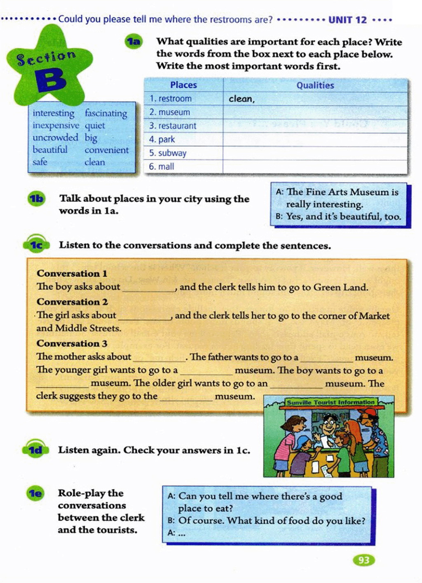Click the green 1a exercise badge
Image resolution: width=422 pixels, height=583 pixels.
click(x=134, y=42)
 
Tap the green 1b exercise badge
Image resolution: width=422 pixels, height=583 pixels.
click(x=36, y=199)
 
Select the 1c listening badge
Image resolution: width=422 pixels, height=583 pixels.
click(x=36, y=245)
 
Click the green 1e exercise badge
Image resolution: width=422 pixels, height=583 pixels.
click(x=35, y=493)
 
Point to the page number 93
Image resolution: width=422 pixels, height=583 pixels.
click(x=364, y=560)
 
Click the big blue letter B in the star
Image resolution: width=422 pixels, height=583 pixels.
click(x=51, y=80)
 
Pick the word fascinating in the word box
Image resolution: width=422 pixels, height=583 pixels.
click(x=106, y=113)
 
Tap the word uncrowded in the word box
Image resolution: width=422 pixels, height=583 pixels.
click(x=55, y=137)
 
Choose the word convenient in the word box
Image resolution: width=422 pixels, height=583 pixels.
click(x=106, y=150)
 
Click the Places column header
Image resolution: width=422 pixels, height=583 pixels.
click(x=183, y=85)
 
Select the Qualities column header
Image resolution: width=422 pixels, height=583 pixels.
click(x=315, y=85)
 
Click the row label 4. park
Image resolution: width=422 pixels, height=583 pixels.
click(x=162, y=139)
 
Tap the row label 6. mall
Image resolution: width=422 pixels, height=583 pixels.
click(x=162, y=166)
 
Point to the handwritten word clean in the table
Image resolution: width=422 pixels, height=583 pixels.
click(x=241, y=99)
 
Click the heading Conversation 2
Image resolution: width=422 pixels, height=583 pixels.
click(x=72, y=302)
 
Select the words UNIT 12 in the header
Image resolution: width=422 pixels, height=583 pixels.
click(x=347, y=20)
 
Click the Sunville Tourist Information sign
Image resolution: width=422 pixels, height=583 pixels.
click(x=331, y=402)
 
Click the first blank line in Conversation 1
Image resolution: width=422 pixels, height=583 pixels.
click(x=149, y=288)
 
